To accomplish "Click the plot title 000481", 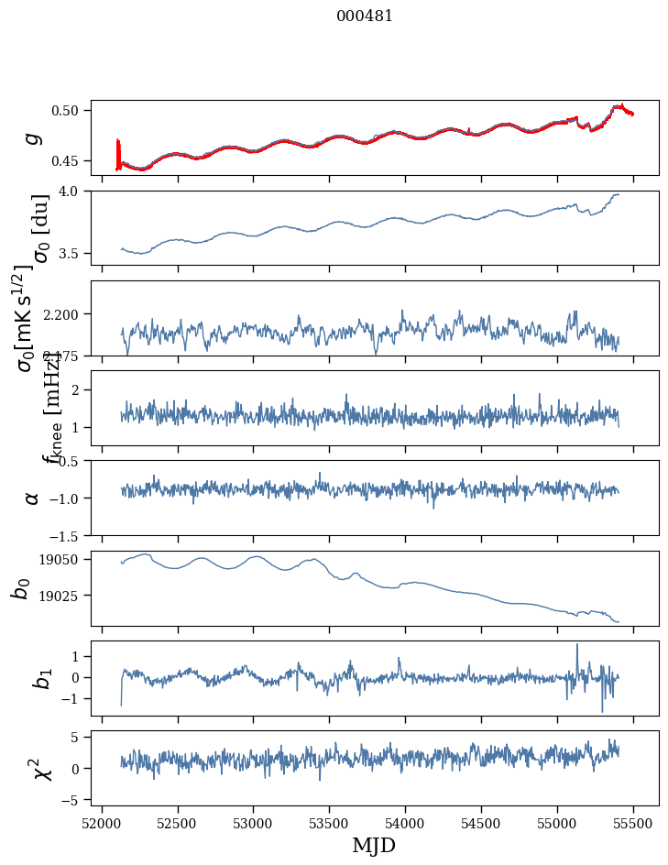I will pyautogui.click(x=365, y=16).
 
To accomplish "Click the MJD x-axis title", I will pyautogui.click(x=374, y=845).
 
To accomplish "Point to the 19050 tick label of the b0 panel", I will pyautogui.click(x=63, y=559).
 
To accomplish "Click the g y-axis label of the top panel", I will pyautogui.click(x=33, y=137).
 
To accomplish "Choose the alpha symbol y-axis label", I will pyautogui.click(x=33, y=498).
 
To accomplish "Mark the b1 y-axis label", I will pyautogui.click(x=39, y=678).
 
